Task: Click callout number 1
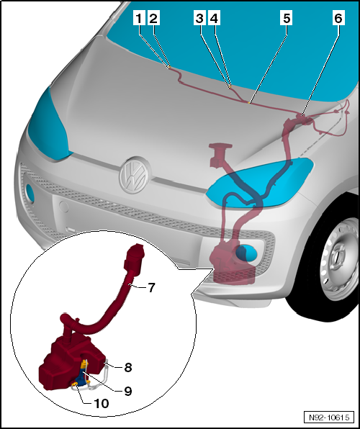coord(139,19)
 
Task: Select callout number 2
coord(153,19)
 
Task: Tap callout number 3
coord(199,19)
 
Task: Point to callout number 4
coord(214,19)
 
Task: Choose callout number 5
coord(287,19)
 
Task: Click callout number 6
coord(338,19)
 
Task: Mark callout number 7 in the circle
coord(151,288)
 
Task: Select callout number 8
coord(128,366)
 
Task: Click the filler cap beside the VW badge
coord(220,151)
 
